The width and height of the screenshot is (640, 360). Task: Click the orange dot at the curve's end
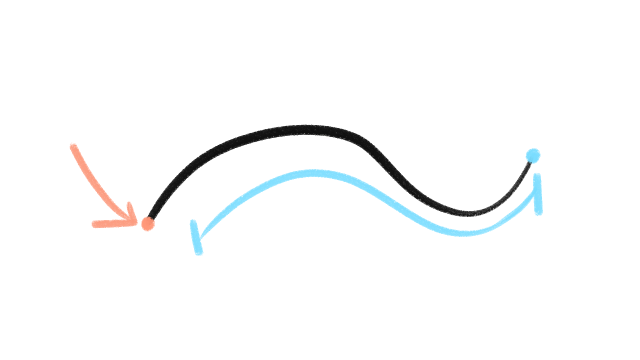click(148, 223)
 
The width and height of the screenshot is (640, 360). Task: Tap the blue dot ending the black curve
click(533, 155)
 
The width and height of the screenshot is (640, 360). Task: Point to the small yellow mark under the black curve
click(325, 136)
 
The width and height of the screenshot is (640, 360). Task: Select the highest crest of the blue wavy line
click(313, 173)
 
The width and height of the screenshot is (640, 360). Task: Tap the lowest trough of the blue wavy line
click(463, 233)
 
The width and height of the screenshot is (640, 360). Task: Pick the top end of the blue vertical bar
click(537, 176)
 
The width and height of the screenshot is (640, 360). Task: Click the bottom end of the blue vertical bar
click(539, 213)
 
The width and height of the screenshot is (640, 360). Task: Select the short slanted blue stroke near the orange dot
click(196, 237)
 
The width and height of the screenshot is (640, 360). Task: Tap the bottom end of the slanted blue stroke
click(199, 252)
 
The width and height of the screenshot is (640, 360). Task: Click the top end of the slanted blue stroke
click(193, 222)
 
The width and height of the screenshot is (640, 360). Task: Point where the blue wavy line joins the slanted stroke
click(199, 239)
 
